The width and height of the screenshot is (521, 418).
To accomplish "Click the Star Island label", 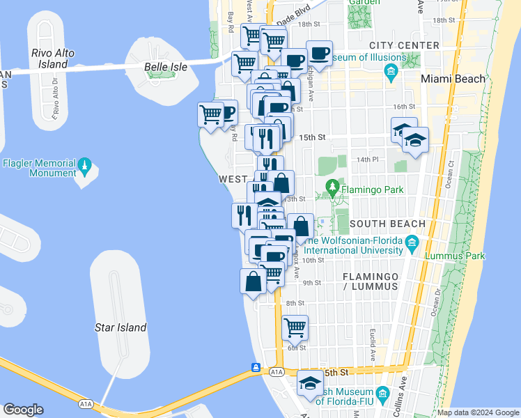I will click(120, 327).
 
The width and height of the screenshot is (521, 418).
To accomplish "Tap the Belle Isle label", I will click(165, 67).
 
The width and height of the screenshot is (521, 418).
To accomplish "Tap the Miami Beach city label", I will click(453, 79).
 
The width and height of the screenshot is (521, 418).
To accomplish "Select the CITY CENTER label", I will click(405, 45).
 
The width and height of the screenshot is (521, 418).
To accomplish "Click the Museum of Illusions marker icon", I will click(390, 71).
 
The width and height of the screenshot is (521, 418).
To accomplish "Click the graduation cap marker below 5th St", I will click(310, 382).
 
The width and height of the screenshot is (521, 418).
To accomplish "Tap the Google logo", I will click(23, 410).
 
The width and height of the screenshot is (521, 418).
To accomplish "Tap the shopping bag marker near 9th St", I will click(252, 281).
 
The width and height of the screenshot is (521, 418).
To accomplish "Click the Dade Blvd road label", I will click(292, 13).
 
